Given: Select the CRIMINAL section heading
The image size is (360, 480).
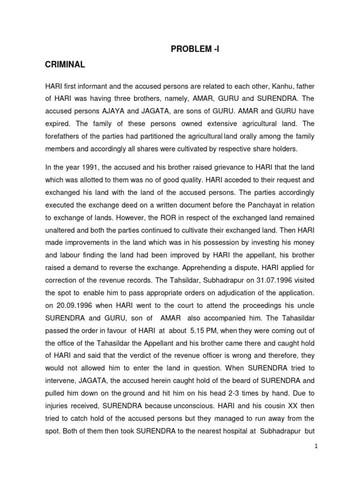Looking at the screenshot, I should tap(65, 65).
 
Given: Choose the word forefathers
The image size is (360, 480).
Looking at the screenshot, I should tap(65, 137).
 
